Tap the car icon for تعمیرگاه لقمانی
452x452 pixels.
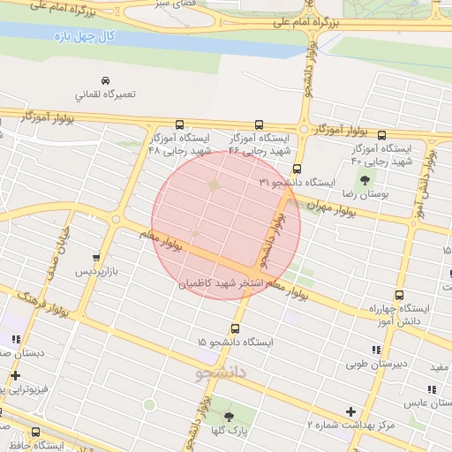pos(105,79)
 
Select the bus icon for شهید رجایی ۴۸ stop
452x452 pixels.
pos(180,125)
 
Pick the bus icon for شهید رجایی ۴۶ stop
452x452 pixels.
pos(259,125)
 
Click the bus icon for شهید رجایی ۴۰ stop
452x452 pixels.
pos(381,136)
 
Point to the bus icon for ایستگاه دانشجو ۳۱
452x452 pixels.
pos(297,169)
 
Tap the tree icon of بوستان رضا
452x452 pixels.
pos(365,180)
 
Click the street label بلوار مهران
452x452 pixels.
pos(332,209)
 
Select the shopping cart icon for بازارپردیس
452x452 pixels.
pos(96,258)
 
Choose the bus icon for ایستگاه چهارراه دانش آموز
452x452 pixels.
pos(399,296)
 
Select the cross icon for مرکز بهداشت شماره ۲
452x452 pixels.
pos(351,411)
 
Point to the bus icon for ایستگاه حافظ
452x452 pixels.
pos(35,433)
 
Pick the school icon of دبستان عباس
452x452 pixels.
pos(432,389)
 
